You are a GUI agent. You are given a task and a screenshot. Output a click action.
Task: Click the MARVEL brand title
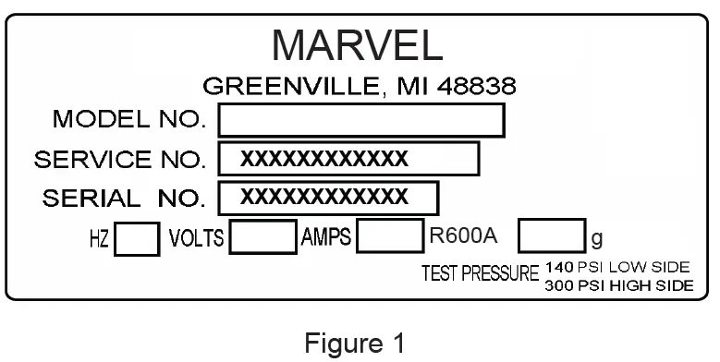click(359, 43)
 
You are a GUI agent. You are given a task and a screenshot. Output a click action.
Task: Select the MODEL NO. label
click(129, 120)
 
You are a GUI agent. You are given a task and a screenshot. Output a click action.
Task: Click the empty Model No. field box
click(361, 120)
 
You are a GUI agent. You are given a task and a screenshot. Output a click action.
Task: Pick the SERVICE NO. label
click(120, 159)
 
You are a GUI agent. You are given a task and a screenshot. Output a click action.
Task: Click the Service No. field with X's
click(348, 159)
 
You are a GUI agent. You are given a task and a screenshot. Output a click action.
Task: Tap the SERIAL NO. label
click(123, 197)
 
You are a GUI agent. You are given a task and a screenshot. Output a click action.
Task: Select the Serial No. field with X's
click(328, 197)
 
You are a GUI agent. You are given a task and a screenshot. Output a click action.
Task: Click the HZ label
click(100, 240)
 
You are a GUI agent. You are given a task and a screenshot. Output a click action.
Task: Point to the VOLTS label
click(196, 239)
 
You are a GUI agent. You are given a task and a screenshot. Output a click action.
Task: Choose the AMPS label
click(326, 237)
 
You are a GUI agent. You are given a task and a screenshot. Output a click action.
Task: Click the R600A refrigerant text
click(464, 236)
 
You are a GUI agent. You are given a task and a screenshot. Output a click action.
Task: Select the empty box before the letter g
click(552, 237)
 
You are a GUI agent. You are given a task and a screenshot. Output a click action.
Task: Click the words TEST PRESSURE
click(479, 274)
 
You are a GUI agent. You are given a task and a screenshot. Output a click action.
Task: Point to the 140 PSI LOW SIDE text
click(617, 267)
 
